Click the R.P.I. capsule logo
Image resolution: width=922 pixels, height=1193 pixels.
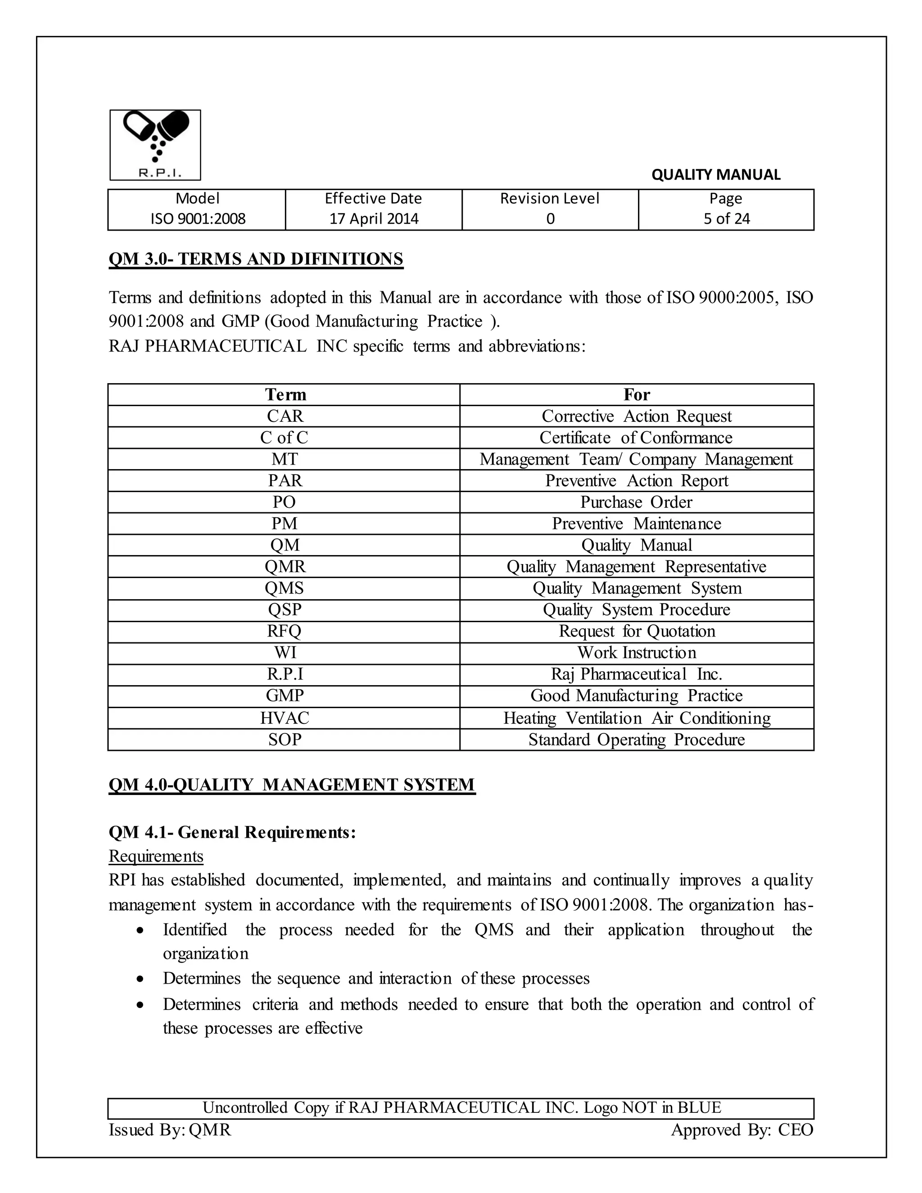pos(155,145)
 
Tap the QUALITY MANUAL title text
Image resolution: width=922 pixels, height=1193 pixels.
pos(715,175)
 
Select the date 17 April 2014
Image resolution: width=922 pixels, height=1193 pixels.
pos(374,219)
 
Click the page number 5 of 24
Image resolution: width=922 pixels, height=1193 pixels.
pos(727,219)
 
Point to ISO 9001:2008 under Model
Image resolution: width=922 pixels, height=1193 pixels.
pos(198,219)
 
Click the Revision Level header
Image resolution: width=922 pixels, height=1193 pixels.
pos(550,198)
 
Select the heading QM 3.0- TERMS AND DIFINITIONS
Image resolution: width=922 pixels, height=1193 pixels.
pos(256,259)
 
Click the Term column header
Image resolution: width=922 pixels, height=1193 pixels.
pos(285,394)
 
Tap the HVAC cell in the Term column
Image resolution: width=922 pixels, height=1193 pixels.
pos(285,718)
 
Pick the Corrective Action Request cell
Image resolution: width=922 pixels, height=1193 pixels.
pos(636,416)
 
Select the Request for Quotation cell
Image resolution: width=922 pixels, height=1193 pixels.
pos(636,632)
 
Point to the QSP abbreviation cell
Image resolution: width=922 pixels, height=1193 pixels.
pos(285,610)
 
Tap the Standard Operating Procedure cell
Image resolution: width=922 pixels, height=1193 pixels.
pos(636,740)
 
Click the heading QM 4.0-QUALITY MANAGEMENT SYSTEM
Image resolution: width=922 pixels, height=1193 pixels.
pos(292,785)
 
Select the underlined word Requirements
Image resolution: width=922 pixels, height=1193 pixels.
pos(156,856)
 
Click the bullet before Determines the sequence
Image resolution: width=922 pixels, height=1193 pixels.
pos(141,981)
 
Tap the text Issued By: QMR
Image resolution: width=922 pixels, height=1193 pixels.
pos(170,1130)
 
